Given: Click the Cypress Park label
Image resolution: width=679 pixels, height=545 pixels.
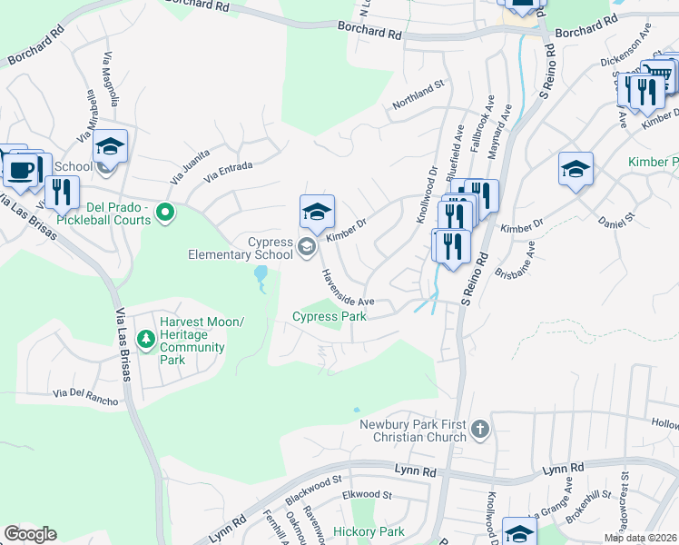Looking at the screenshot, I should point(330,316).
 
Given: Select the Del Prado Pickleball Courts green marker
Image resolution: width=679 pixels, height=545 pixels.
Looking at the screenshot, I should point(164,213).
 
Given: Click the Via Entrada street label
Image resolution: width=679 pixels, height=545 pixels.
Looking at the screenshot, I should point(228,172).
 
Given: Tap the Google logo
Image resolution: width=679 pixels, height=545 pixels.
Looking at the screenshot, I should point(31,533).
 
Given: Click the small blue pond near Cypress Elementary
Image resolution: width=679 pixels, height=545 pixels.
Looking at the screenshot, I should point(261,275).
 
